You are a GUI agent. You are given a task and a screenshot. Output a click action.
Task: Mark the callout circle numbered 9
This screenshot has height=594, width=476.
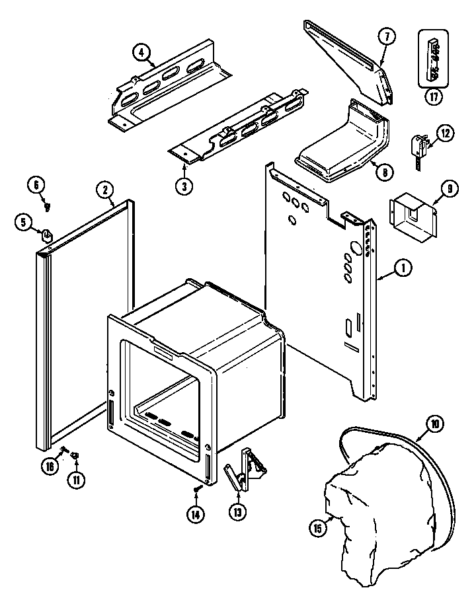click(x=450, y=190)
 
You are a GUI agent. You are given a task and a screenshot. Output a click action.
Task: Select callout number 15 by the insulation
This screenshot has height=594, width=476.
click(x=318, y=527)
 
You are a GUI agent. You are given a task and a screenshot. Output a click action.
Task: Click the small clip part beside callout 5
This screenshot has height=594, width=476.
click(x=48, y=233)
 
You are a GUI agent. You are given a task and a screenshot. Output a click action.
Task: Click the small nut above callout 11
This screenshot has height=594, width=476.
click(x=75, y=455)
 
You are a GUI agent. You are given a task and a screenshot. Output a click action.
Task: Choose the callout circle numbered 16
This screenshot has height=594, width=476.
click(x=49, y=466)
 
